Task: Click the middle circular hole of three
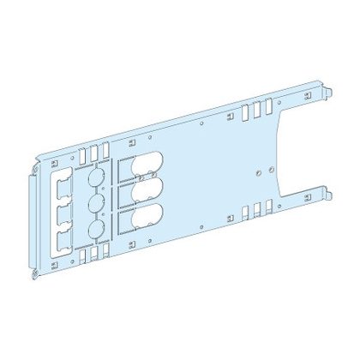tap(96, 205)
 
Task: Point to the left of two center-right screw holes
tap(255, 171)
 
